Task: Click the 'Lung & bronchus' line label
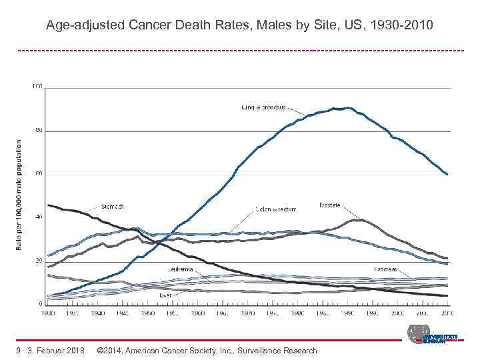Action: click(263, 107)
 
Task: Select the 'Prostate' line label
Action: click(330, 205)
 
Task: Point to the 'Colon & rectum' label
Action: click(276, 209)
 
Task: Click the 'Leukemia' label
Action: click(181, 269)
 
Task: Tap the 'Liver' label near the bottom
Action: click(165, 294)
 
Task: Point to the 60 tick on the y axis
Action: click(39, 173)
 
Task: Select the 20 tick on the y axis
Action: click(39, 261)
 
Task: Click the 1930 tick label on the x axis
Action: click(49, 312)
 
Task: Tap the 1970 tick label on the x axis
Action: click(247, 312)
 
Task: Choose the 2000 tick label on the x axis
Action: click(397, 312)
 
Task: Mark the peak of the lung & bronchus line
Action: click(347, 107)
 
